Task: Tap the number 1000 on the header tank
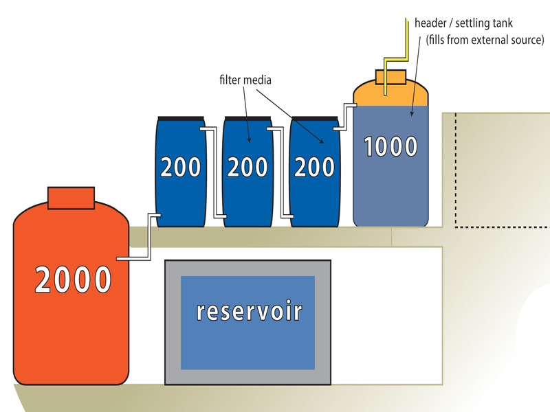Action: (390, 146)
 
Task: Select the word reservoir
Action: (249, 310)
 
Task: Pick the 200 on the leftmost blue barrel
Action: (181, 167)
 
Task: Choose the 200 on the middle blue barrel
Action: (247, 167)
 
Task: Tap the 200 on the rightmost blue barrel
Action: (314, 167)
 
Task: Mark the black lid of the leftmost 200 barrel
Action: (181, 117)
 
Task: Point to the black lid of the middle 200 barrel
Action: (247, 117)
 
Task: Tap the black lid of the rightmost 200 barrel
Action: (314, 117)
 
